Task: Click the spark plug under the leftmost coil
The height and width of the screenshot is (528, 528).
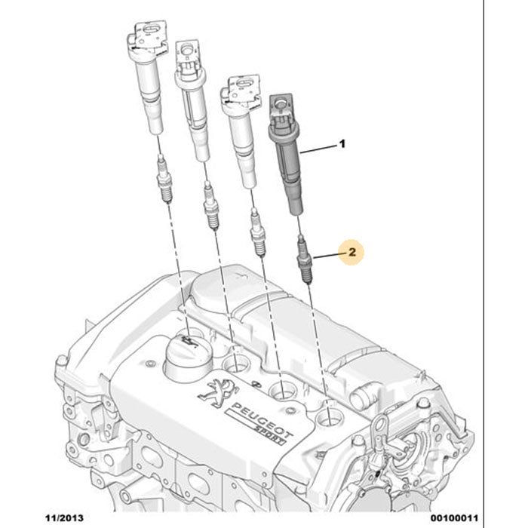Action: click(164, 180)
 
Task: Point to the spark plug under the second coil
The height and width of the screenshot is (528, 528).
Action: click(211, 209)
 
